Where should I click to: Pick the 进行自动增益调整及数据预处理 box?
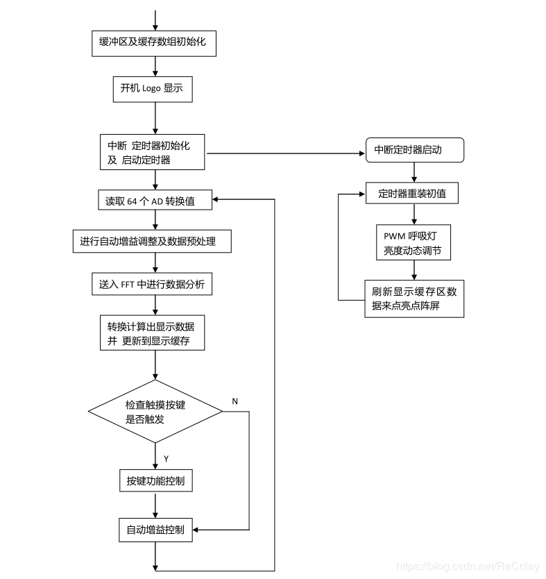pos(151,241)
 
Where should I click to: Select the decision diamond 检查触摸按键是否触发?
pos(155,412)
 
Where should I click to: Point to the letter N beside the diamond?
pos(234,402)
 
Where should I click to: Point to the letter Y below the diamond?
pos(166,458)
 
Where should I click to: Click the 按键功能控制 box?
pos(155,480)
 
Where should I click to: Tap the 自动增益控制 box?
pos(155,530)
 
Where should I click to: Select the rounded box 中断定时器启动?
pos(414,150)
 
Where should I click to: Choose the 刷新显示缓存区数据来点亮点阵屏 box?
pos(414,298)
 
